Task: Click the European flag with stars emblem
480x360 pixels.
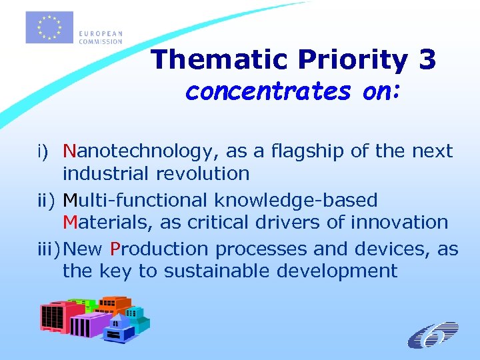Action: pos(49,27)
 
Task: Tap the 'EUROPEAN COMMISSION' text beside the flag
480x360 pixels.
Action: pos(100,37)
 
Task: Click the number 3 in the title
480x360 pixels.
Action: pos(427,60)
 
